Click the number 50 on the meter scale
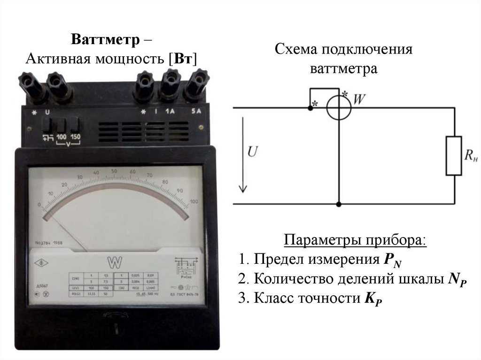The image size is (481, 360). pos(114,172)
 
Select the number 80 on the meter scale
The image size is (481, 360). pos(165,182)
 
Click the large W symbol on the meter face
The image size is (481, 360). pos(114,261)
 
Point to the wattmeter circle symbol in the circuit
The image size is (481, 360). pos(339,108)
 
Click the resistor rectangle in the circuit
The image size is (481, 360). pos(454,156)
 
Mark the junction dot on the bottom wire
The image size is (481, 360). pos(339,205)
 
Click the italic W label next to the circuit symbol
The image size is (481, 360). pos(359,100)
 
